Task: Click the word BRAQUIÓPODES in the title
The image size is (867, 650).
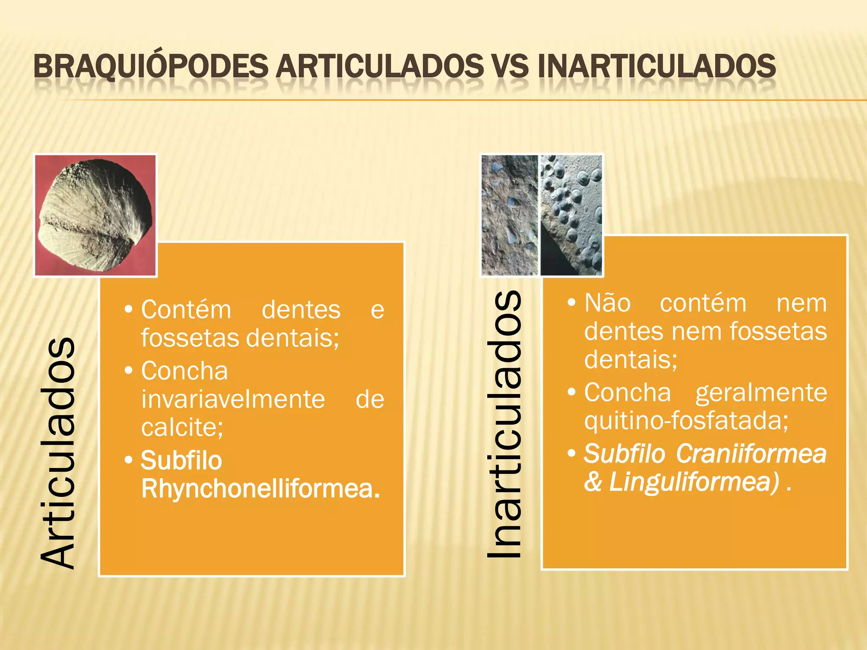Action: [x=151, y=67]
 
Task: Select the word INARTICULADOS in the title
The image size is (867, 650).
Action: [x=657, y=67]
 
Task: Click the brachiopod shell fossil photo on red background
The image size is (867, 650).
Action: [x=96, y=215]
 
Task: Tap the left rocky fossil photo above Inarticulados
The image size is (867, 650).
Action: [x=510, y=215]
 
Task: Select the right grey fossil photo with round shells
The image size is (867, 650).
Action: [x=571, y=215]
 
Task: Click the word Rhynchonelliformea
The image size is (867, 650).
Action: [x=260, y=489]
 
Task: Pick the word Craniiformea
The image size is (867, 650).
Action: [x=751, y=454]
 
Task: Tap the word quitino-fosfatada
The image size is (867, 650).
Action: [x=686, y=420]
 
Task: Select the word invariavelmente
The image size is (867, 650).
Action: [x=233, y=399]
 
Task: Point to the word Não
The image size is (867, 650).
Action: [x=607, y=303]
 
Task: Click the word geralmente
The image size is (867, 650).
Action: [x=761, y=392]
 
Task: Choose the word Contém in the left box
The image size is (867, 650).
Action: [x=186, y=309]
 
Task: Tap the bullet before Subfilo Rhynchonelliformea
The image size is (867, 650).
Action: [x=129, y=460]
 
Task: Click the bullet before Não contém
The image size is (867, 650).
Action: [x=572, y=303]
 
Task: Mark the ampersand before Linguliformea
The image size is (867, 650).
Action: [x=593, y=482]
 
